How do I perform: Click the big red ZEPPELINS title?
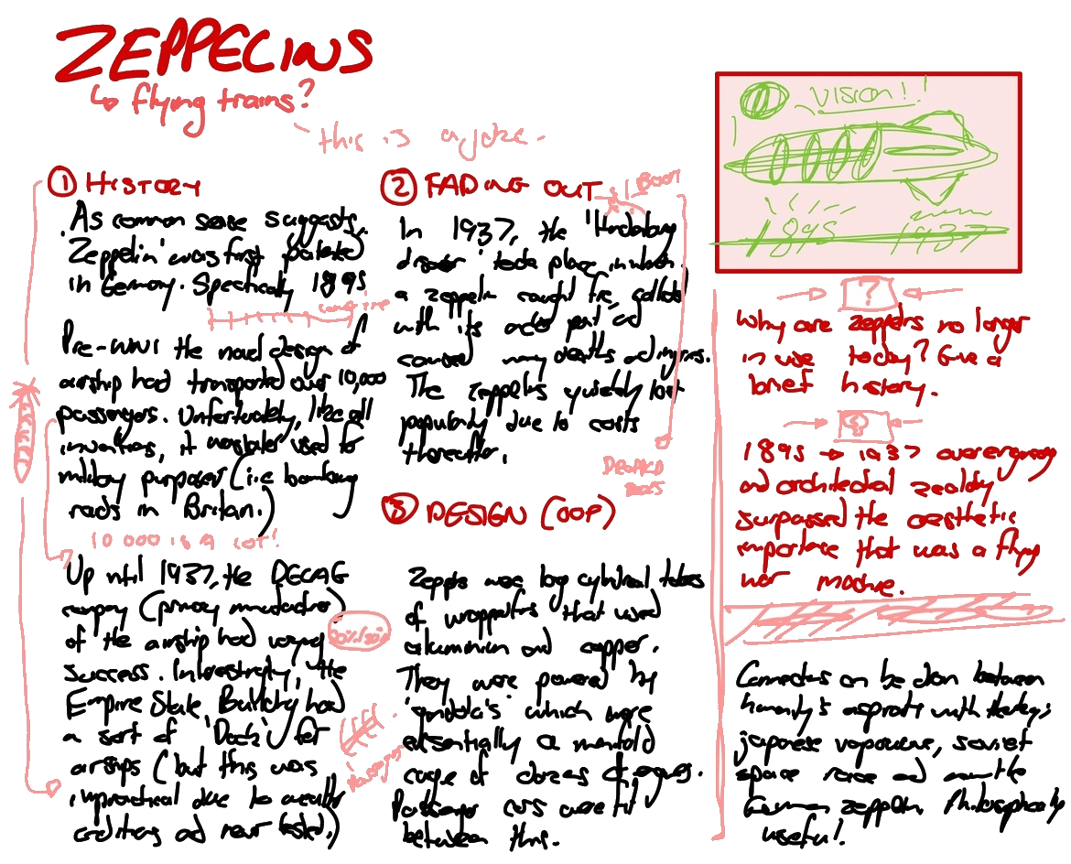pos(212,54)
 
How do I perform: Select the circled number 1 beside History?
pos(62,186)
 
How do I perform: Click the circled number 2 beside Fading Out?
pos(399,186)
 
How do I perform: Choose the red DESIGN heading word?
pos(475,513)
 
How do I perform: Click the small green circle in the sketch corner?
pos(756,98)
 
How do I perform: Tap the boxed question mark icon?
pos(864,294)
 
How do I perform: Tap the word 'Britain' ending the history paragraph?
pos(225,507)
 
